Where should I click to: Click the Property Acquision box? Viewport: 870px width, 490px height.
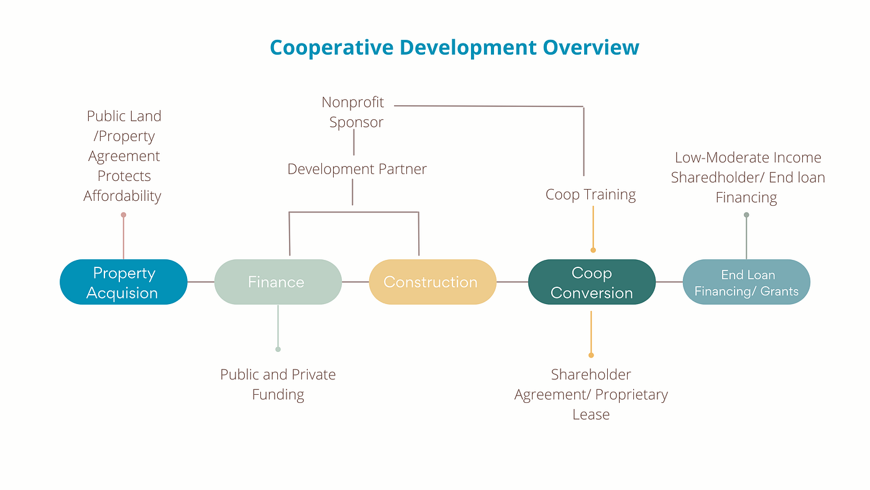[123, 282]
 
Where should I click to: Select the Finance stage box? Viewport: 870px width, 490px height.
[278, 282]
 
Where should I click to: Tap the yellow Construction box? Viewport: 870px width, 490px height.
[432, 282]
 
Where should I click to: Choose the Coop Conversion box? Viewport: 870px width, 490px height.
[592, 282]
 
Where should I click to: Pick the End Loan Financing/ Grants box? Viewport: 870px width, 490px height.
[746, 282]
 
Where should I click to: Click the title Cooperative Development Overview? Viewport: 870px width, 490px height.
[454, 47]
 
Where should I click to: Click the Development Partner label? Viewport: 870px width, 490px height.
[357, 169]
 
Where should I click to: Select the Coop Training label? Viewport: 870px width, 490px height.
[590, 195]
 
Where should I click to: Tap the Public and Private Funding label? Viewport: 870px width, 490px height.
[278, 384]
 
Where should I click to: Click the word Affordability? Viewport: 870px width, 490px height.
[122, 196]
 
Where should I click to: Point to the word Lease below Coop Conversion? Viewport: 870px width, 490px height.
[591, 414]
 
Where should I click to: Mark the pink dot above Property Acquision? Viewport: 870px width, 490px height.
[124, 215]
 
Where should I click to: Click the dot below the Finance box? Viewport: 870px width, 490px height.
[278, 349]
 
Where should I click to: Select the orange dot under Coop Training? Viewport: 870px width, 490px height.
[593, 250]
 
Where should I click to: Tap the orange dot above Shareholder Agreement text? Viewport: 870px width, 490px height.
[591, 355]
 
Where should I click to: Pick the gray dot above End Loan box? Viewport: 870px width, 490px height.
[746, 215]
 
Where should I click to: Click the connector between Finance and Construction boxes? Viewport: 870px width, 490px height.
[355, 282]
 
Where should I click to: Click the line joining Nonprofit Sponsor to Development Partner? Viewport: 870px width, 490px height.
[354, 143]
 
